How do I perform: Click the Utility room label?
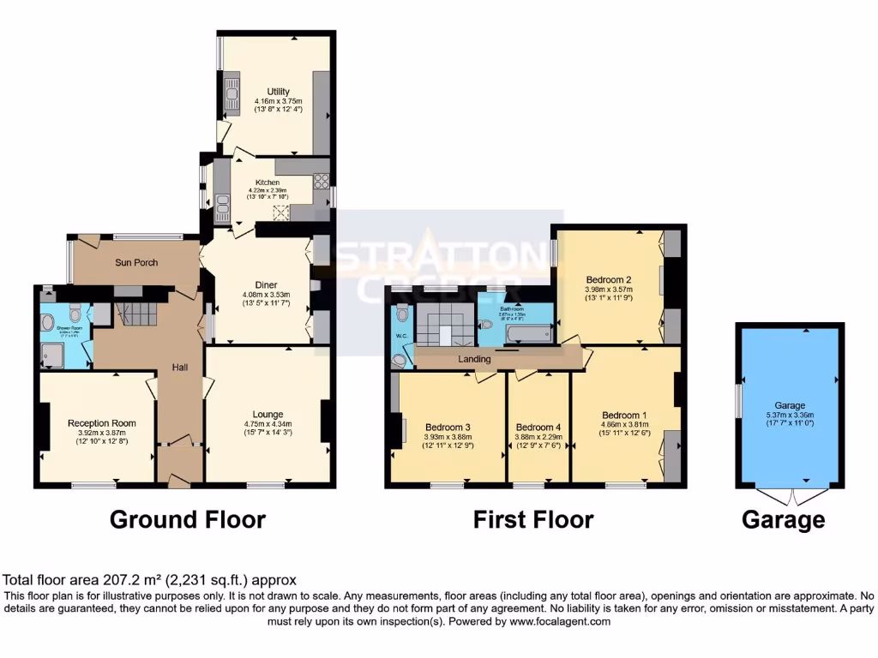coord(278,92)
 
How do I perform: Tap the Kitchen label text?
coord(264,182)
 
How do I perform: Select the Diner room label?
coord(266,285)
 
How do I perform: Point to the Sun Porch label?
coord(136,262)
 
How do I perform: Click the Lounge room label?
coord(268,415)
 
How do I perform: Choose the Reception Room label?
coord(102,423)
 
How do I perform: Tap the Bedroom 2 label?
coord(609,279)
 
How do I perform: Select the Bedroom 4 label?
coord(538,428)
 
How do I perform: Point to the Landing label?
coord(473,357)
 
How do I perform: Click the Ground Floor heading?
coord(188,519)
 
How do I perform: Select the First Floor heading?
coord(533,519)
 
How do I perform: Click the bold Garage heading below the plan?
coord(783,519)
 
